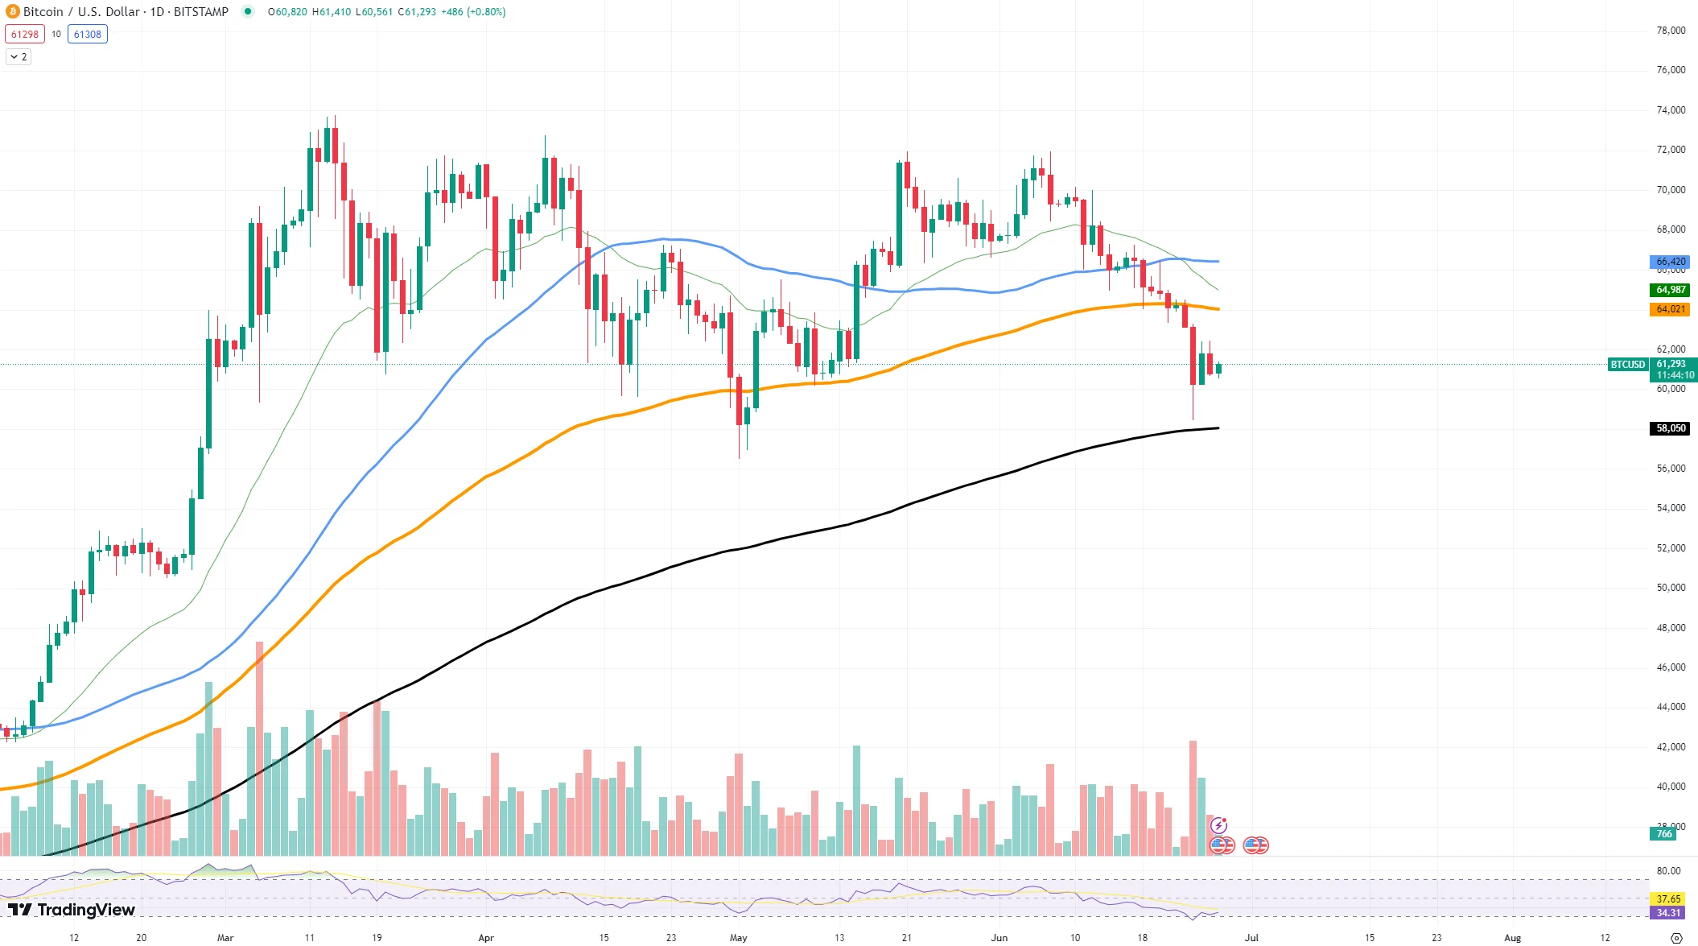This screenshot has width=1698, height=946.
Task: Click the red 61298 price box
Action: coord(24,34)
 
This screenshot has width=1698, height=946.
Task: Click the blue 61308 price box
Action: coord(88,34)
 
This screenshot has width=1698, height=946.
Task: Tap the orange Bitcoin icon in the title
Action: coord(12,11)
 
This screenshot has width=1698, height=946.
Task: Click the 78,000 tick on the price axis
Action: coord(1671,31)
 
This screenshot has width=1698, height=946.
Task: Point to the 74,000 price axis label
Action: coord(1671,110)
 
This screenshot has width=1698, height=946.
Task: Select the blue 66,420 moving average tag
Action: coord(1670,262)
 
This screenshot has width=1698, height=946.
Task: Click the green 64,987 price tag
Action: coord(1670,290)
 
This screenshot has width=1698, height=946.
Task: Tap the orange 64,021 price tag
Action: coord(1670,309)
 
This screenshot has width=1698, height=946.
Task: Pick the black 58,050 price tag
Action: coord(1670,428)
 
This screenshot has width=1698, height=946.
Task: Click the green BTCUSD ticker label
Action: coord(1627,365)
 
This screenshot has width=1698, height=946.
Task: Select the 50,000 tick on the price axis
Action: coord(1671,588)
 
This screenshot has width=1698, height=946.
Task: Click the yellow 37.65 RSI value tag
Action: coord(1668,898)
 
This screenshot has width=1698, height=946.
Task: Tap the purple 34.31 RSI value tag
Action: coord(1668,912)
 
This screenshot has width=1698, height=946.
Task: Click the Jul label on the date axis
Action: coord(1251,938)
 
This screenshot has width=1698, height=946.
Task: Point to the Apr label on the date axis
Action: coord(485,938)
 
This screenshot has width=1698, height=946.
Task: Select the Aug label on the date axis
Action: coord(1512,938)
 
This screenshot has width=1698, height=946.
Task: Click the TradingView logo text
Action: coord(85,910)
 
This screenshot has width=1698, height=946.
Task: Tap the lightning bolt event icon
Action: coord(1219,825)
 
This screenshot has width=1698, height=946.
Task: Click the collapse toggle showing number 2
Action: coord(19,57)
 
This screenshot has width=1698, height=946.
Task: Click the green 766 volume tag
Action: coord(1663,834)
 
